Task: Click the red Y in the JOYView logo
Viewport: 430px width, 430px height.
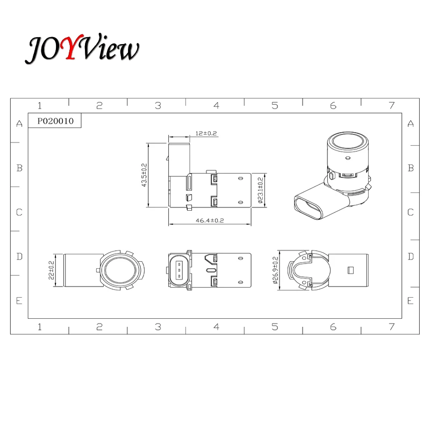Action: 72,47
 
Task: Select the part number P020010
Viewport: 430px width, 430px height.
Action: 55,121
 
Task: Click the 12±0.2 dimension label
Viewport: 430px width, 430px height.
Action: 206,133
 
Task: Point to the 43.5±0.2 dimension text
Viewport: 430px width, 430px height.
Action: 144,175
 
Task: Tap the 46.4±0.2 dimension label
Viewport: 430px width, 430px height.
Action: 210,220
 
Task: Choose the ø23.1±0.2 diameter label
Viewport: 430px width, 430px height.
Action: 261,190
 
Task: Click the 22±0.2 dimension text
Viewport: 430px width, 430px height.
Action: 51,270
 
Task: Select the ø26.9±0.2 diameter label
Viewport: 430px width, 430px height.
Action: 276,270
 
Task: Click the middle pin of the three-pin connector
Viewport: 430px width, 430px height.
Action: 179,270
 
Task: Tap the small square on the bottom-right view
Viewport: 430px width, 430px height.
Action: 350,270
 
